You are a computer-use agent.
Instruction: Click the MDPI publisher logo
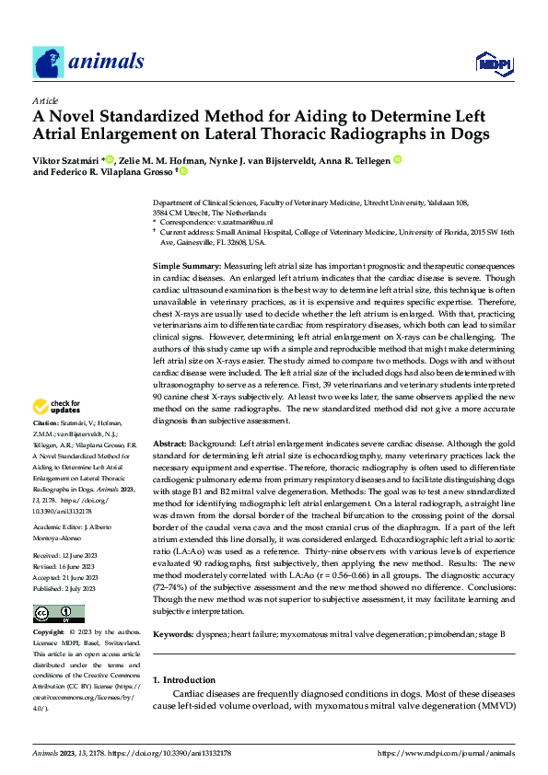[x=495, y=63]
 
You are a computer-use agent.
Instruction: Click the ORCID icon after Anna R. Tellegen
[x=398, y=160]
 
